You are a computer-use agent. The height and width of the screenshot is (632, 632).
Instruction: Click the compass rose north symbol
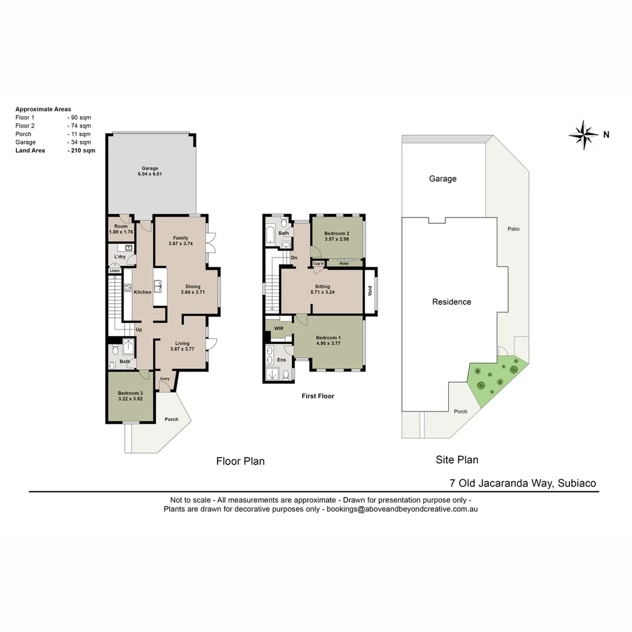[584, 135]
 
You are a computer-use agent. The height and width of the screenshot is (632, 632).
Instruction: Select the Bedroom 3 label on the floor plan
[130, 393]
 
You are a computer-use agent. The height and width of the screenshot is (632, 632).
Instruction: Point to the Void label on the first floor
[370, 290]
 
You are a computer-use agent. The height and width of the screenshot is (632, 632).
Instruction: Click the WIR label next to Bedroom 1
[279, 329]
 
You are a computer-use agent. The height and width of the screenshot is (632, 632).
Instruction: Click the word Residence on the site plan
[451, 302]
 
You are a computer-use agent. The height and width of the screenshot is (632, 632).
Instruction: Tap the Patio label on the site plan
[514, 229]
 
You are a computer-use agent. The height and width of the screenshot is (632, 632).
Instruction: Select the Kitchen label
[142, 292]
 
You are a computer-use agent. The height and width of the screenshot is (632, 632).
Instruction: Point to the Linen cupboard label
[115, 270]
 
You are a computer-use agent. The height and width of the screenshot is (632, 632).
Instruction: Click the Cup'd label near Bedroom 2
[319, 263]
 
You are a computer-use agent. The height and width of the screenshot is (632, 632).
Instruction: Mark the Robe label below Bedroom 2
[344, 263]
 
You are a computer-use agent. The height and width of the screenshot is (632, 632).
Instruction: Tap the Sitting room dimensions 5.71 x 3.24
[322, 293]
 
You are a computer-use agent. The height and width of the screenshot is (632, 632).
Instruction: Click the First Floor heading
[318, 396]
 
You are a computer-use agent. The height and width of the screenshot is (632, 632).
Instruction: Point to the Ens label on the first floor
[281, 359]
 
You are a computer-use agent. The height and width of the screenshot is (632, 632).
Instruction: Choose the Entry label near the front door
[165, 379]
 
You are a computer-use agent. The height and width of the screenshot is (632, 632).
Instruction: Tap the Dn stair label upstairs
[294, 257]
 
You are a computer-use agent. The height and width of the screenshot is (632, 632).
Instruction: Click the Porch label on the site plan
[461, 411]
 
